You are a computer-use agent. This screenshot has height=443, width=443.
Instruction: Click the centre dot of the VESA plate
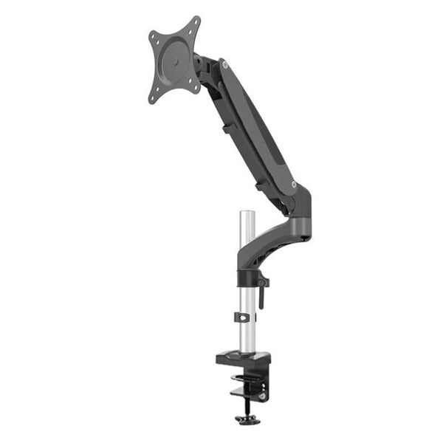[175, 60]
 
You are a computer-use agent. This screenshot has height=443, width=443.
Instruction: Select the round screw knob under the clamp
[245, 420]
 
